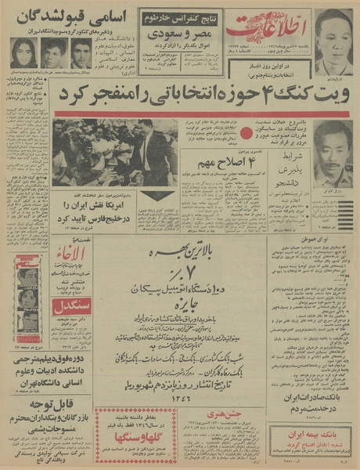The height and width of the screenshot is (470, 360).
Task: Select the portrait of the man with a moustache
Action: (333, 153)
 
